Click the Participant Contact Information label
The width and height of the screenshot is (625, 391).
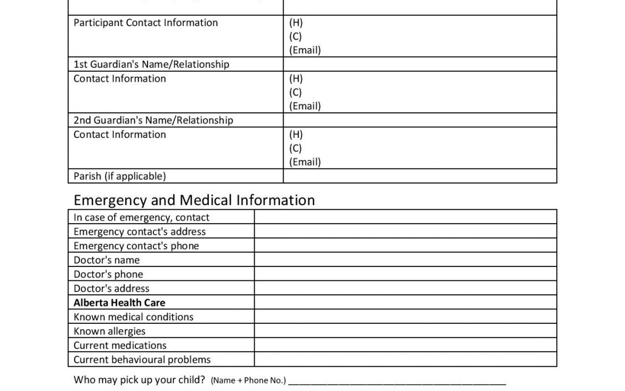click(145, 23)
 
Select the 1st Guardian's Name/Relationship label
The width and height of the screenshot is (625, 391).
click(151, 64)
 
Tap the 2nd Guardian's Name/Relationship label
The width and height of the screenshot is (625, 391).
click(153, 120)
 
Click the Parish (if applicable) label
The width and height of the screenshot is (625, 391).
click(119, 176)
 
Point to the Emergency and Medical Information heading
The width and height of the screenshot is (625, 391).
click(194, 200)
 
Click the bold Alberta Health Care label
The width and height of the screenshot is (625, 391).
click(119, 302)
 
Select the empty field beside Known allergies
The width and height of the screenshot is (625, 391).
click(405, 331)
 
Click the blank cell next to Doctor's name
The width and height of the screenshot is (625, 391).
click(405, 260)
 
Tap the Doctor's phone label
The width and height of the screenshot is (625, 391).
click(108, 274)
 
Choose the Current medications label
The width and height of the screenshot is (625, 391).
click(120, 345)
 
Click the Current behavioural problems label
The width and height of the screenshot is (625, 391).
click(142, 360)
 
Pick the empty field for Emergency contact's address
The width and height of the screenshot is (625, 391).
click(405, 232)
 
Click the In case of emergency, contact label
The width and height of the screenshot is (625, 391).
click(141, 217)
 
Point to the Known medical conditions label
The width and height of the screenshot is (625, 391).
click(133, 317)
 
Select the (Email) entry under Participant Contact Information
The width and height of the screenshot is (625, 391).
click(304, 50)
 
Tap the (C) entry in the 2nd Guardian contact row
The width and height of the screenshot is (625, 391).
click(295, 148)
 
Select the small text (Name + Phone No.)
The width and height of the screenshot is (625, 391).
click(248, 381)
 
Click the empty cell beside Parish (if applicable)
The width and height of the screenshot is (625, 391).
click(420, 176)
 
